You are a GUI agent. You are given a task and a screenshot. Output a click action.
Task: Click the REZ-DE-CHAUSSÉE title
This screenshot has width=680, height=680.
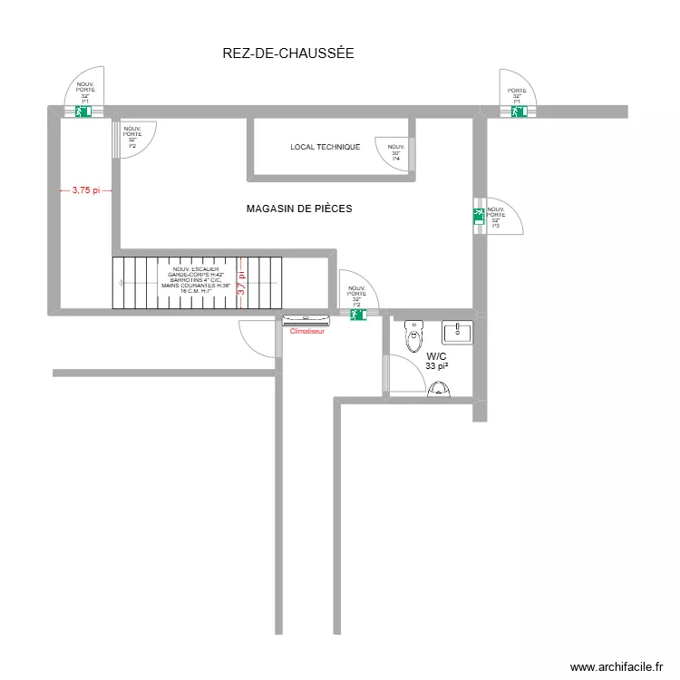coord(287,53)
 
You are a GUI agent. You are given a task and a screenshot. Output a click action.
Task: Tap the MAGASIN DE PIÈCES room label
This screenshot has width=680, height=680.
coord(299,209)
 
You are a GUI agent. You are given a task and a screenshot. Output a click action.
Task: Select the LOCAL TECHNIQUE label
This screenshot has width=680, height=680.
coord(325,147)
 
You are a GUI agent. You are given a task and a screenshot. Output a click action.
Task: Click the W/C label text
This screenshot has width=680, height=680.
coord(437,356)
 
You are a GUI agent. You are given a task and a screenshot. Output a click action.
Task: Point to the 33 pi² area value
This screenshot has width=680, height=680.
coord(437,366)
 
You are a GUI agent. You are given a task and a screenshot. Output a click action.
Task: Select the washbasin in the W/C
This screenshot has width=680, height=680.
coord(457,333)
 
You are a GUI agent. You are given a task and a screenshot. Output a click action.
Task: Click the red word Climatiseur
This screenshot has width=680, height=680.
coord(306,331)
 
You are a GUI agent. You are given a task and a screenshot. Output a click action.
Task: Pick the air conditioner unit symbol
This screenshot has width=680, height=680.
coord(306,319)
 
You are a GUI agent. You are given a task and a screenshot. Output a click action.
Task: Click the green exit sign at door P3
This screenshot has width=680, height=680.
coord(478,216)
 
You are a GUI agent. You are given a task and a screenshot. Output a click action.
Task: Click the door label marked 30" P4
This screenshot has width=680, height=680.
coord(396,152)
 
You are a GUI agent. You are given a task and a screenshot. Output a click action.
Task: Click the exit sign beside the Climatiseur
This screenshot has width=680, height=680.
coord(357,315)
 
